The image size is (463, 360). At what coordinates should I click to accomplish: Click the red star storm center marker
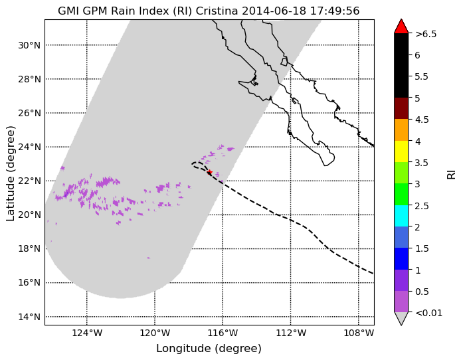tap(209, 172)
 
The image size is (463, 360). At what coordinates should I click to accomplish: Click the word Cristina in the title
tap(217, 11)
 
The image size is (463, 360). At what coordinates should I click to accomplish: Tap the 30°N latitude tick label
tap(29, 45)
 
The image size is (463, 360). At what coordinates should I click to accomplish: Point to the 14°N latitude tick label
tap(29, 317)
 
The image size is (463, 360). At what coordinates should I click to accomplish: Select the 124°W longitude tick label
tap(87, 333)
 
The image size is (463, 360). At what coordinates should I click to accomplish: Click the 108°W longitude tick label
tap(359, 333)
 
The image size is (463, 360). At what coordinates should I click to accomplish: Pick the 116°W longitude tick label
tap(223, 333)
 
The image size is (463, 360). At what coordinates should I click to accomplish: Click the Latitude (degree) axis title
tap(11, 173)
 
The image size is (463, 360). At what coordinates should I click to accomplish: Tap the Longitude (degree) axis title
tap(209, 349)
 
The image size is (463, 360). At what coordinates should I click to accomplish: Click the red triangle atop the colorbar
tap(401, 27)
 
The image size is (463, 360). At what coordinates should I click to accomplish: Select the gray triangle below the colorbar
tap(401, 318)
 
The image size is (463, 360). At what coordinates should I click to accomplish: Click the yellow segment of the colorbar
tap(401, 151)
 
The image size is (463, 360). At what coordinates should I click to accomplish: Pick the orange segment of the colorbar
tap(401, 130)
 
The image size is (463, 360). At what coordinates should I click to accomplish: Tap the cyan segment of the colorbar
tap(401, 216)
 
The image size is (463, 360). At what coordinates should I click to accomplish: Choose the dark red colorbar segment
tap(401, 108)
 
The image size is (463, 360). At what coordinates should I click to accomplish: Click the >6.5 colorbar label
tap(426, 34)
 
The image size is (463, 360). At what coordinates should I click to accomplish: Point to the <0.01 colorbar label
tap(428, 313)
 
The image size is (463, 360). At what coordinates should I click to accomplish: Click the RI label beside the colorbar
tap(452, 175)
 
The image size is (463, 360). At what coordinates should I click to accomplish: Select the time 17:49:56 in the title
tap(335, 11)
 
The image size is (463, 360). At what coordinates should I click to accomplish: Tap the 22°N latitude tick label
tap(29, 181)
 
